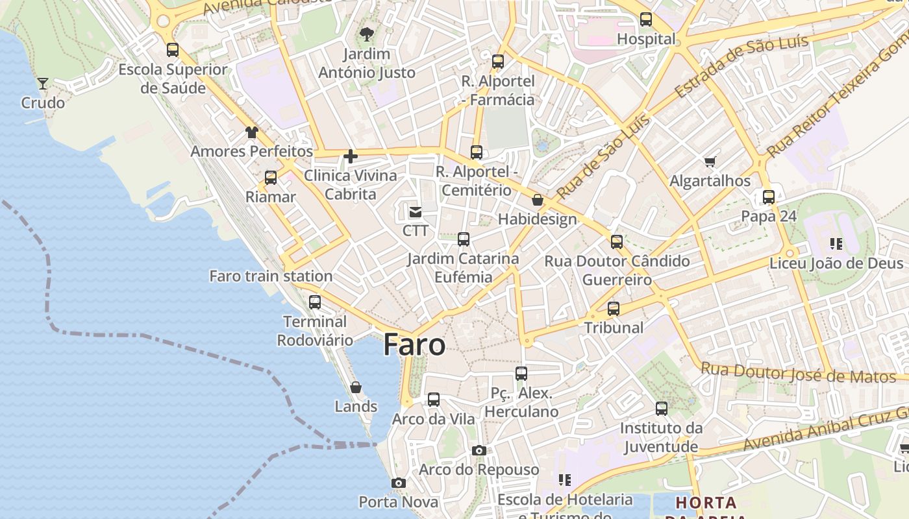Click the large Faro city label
pyautogui.click(x=414, y=344)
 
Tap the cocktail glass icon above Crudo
pyautogui.click(x=43, y=83)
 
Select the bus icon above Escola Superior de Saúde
pyautogui.click(x=173, y=50)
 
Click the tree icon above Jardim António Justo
pyautogui.click(x=367, y=34)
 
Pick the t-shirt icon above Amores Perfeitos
pyautogui.click(x=252, y=132)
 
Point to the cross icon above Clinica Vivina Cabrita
pyautogui.click(x=351, y=156)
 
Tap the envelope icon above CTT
pyautogui.click(x=416, y=211)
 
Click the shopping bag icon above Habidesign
pyautogui.click(x=538, y=200)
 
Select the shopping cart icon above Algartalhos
pyautogui.click(x=710, y=162)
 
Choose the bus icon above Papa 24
pyautogui.click(x=769, y=197)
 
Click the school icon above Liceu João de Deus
pyautogui.click(x=836, y=244)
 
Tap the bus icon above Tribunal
pyautogui.click(x=614, y=309)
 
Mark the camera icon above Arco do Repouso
pyautogui.click(x=479, y=450)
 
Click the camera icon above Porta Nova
pyautogui.click(x=399, y=483)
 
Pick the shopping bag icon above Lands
pyautogui.click(x=356, y=387)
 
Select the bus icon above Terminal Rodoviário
pyautogui.click(x=315, y=302)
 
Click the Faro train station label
pyautogui.click(x=271, y=276)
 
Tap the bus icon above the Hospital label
pyautogui.click(x=646, y=19)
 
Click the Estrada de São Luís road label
pyautogui.click(x=741, y=66)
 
